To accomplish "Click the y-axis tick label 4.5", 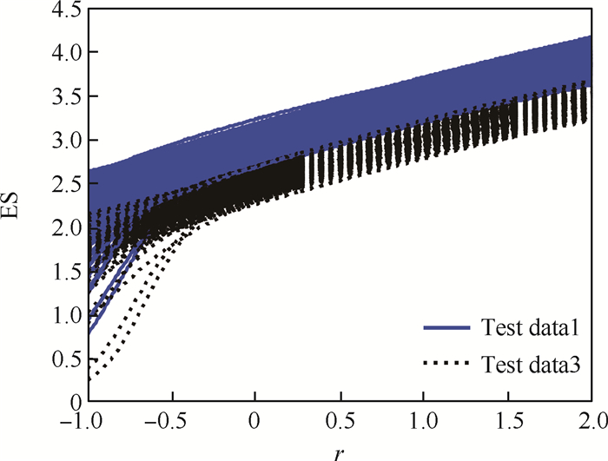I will pyautogui.click(x=64, y=10).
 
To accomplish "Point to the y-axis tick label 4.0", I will pyautogui.click(x=64, y=53).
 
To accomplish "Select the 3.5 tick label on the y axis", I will pyautogui.click(x=64, y=96).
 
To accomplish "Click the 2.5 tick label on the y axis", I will pyautogui.click(x=64, y=184).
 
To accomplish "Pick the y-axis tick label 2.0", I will pyautogui.click(x=64, y=227).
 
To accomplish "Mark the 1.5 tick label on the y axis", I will pyautogui.click(x=64, y=271).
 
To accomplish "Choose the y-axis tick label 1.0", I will pyautogui.click(x=64, y=315).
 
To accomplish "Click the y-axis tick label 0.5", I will pyautogui.click(x=64, y=359).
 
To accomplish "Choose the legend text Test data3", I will pyautogui.click(x=531, y=367).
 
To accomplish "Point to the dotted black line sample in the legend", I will pyautogui.click(x=447, y=367).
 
